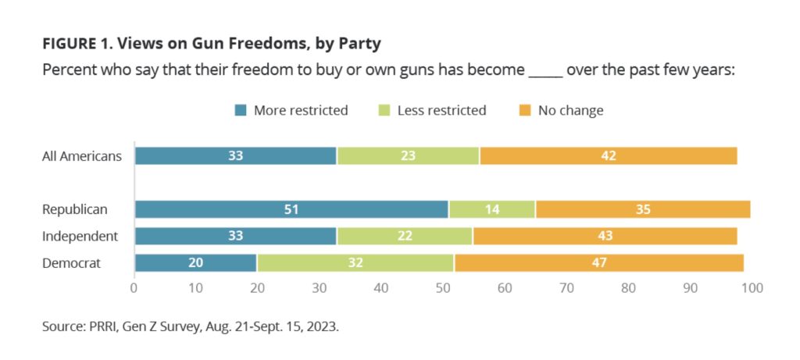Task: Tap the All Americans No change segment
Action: pos(609,155)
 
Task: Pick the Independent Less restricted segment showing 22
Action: pos(404,237)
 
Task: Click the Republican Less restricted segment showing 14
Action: pos(492,209)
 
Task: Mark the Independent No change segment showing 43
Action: pos(605,237)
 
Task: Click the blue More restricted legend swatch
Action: pos(241,111)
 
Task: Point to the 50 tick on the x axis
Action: pos(443,288)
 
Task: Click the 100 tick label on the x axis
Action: pos(752,288)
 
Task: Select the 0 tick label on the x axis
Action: pos(134,288)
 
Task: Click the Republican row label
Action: pos(75,209)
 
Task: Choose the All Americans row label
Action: pos(82,155)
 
